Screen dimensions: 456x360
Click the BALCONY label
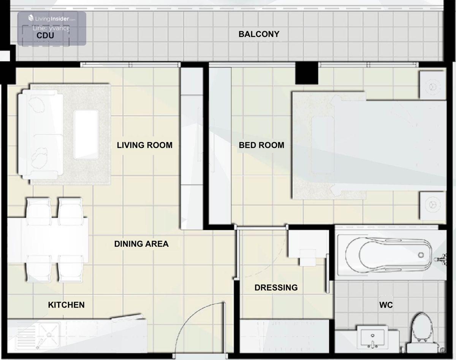(x=259, y=34)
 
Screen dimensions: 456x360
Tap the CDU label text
(x=45, y=35)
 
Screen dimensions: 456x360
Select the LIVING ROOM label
(x=145, y=145)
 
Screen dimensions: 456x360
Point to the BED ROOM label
(x=261, y=145)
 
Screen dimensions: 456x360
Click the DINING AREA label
(x=141, y=244)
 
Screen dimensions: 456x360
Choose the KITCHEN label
(x=66, y=305)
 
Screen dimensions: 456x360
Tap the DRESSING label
(x=276, y=288)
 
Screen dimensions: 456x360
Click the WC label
(x=386, y=305)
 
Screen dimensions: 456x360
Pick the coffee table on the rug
(x=86, y=134)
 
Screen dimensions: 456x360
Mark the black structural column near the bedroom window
(x=307, y=73)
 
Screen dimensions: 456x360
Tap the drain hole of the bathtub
(x=421, y=255)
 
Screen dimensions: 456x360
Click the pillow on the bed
(x=323, y=145)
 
